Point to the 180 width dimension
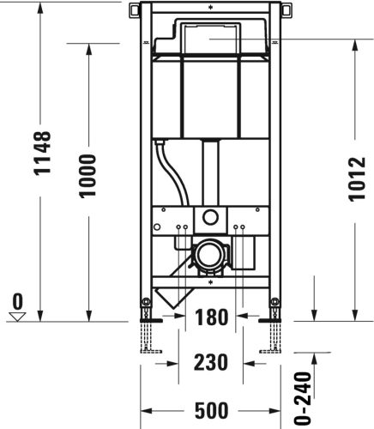209,317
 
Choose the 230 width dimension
209,362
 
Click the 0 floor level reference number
18,301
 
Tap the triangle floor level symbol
18,316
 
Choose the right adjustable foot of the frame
274,330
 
